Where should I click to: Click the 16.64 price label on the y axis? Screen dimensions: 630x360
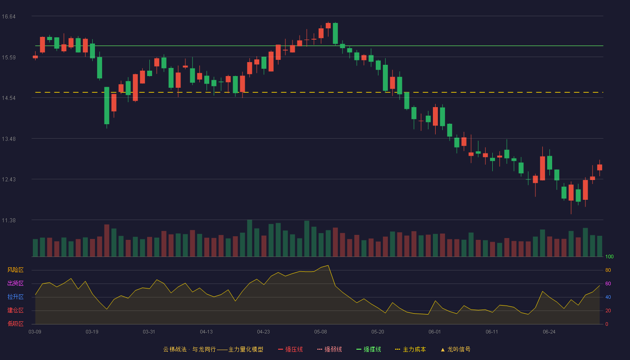point(9,17)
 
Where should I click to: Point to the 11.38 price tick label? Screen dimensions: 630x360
point(9,220)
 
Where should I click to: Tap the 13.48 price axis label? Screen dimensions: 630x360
point(9,139)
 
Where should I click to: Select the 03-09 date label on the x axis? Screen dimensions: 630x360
point(35,332)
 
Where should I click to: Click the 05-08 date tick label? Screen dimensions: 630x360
point(320,332)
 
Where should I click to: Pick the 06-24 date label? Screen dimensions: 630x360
point(549,332)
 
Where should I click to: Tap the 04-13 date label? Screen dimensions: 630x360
point(206,332)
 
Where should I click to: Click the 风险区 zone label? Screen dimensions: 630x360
point(15,270)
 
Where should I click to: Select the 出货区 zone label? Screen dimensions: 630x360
point(15,283)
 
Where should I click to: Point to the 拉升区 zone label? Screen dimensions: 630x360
point(15,297)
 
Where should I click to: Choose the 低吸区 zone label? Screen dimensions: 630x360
point(15,324)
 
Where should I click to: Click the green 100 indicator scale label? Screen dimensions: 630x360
point(609,256)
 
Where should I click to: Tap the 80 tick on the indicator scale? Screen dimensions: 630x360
point(608,270)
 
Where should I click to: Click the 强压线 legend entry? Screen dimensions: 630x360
point(290,349)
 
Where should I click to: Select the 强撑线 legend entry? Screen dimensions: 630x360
point(369,349)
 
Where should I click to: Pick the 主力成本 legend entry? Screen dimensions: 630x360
point(410,349)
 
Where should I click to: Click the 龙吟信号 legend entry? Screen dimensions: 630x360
point(455,349)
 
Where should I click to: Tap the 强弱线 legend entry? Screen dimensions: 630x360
point(329,349)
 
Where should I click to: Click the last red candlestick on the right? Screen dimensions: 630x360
point(599,167)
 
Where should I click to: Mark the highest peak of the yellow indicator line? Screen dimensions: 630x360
point(328,265)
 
